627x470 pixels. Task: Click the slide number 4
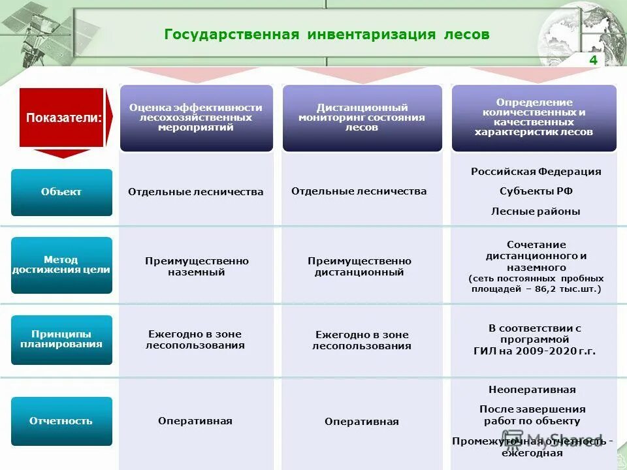[593, 60]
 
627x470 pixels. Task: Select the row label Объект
[61, 192]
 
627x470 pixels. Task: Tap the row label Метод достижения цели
[61, 264]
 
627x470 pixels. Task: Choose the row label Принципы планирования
[61, 339]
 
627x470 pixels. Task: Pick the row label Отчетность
[61, 421]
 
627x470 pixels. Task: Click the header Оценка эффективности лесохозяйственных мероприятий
[196, 117]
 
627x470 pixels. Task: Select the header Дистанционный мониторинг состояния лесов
[361, 117]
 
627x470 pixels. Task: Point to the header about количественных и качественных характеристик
[534, 117]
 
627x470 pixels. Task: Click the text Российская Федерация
[536, 172]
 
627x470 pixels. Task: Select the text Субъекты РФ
[536, 191]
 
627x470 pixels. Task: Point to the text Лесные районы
[536, 211]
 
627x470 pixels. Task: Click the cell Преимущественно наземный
[197, 266]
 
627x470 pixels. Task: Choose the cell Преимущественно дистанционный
[359, 266]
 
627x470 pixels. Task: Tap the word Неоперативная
[532, 390]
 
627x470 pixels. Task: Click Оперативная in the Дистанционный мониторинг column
[361, 422]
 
